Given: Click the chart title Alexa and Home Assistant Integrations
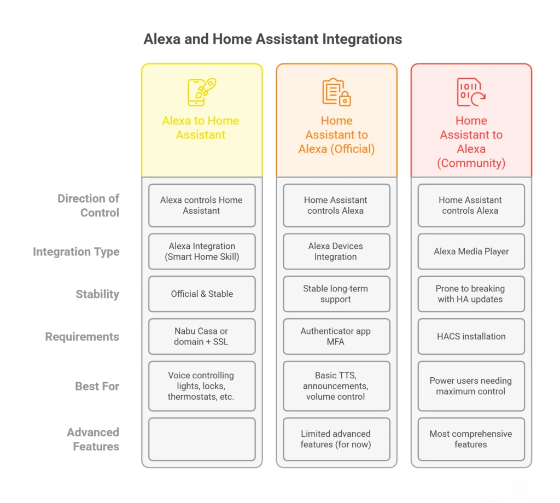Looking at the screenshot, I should (x=272, y=39).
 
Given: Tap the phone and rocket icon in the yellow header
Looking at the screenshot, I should (x=201, y=92).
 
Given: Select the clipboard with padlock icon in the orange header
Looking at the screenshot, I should (x=336, y=92).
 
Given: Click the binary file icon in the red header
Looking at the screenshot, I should (x=470, y=92).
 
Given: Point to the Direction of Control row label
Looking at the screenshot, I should (x=88, y=206).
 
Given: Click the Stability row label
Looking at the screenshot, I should (x=97, y=294).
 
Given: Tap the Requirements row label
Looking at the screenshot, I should (x=81, y=337).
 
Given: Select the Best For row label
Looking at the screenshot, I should (x=97, y=386).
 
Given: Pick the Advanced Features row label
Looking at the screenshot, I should (x=93, y=439).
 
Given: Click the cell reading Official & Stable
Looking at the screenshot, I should (x=202, y=294).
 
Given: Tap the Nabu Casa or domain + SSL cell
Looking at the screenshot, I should (x=202, y=337).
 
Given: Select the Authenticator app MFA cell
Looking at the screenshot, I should (x=336, y=337).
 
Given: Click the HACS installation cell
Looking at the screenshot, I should (x=471, y=337).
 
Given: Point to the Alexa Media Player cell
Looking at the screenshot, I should (x=471, y=251).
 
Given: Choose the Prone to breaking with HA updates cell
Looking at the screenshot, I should (x=471, y=294).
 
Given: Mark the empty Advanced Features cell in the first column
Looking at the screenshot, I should (x=202, y=439).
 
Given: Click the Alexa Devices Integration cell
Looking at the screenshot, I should (x=336, y=251).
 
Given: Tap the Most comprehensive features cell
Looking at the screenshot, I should (x=471, y=439).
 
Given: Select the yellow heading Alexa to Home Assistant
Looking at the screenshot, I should (x=201, y=127).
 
